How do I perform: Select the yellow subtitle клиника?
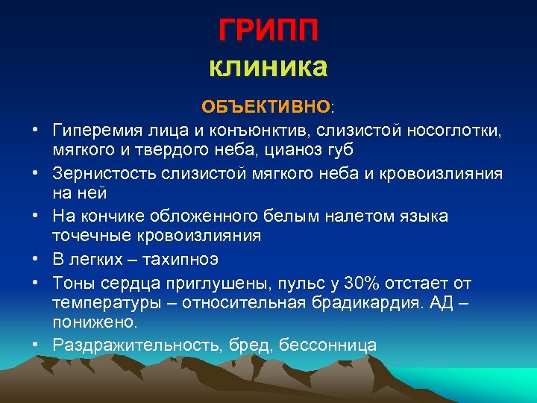pyautogui.click(x=268, y=68)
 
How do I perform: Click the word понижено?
pyautogui.click(x=95, y=322)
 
